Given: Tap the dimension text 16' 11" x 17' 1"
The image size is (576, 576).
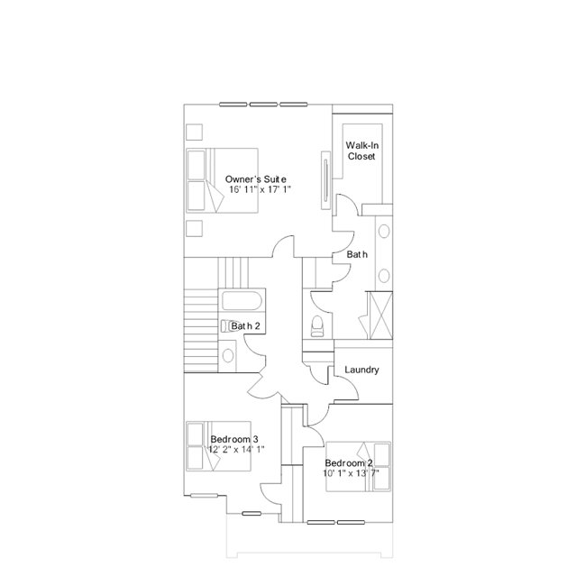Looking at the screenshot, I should coord(261,190).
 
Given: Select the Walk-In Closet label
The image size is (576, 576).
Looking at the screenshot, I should coord(361,151).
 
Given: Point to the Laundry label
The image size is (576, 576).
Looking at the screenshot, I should coord(361,370).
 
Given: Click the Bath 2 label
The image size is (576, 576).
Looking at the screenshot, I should coord(245,325).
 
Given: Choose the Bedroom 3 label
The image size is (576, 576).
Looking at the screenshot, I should coord(234,439).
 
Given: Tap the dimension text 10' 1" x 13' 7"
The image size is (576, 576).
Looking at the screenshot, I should coord(352,472).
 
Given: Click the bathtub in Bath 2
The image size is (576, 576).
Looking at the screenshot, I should coord(241,301).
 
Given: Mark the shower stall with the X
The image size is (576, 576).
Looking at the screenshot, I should coord(379,315).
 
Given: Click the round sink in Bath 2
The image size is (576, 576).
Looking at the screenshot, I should coord(228,355).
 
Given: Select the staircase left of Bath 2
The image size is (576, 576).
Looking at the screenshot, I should coord(200,325).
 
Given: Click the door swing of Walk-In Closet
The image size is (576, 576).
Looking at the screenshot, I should coord(343,206).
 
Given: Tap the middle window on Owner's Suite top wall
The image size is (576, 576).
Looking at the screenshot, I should coord(261,104).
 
